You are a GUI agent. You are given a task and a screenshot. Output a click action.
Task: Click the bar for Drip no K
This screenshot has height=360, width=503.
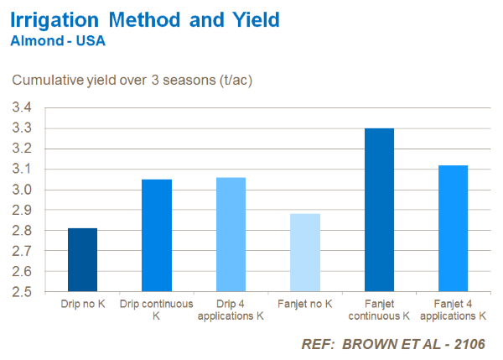tap(82, 260)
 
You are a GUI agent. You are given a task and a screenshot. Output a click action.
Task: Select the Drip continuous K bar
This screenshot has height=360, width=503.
tap(157, 236)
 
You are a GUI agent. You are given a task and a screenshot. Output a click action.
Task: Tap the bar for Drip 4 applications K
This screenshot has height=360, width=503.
tap(231, 235)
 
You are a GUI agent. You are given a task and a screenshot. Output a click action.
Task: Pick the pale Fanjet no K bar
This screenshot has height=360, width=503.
tap(305, 253)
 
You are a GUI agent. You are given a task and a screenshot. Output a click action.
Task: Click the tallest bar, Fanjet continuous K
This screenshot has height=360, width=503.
tap(379, 210)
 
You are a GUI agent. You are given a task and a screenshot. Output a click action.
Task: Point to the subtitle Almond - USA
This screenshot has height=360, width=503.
tap(57, 39)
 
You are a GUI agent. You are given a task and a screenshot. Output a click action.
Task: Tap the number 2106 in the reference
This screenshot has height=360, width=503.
tap(466, 344)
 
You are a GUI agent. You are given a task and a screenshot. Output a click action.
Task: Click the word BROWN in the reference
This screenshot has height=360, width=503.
tap(368, 344)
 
